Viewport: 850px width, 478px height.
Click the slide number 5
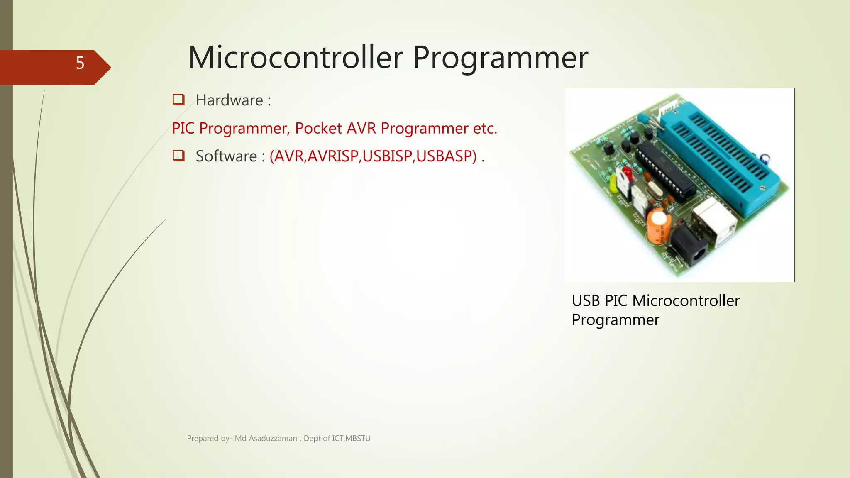tap(80, 63)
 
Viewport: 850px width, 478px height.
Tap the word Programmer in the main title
tap(500, 58)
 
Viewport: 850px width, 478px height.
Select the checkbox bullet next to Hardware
tap(178, 100)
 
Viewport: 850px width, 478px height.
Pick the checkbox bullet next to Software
tap(178, 156)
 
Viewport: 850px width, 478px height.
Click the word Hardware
tap(230, 100)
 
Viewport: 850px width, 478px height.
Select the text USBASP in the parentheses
tap(446, 156)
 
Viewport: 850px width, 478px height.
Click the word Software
tap(227, 156)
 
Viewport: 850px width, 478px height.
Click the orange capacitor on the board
tap(658, 226)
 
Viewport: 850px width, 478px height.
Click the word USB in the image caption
tap(586, 301)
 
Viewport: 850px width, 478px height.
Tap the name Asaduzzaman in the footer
tap(273, 439)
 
